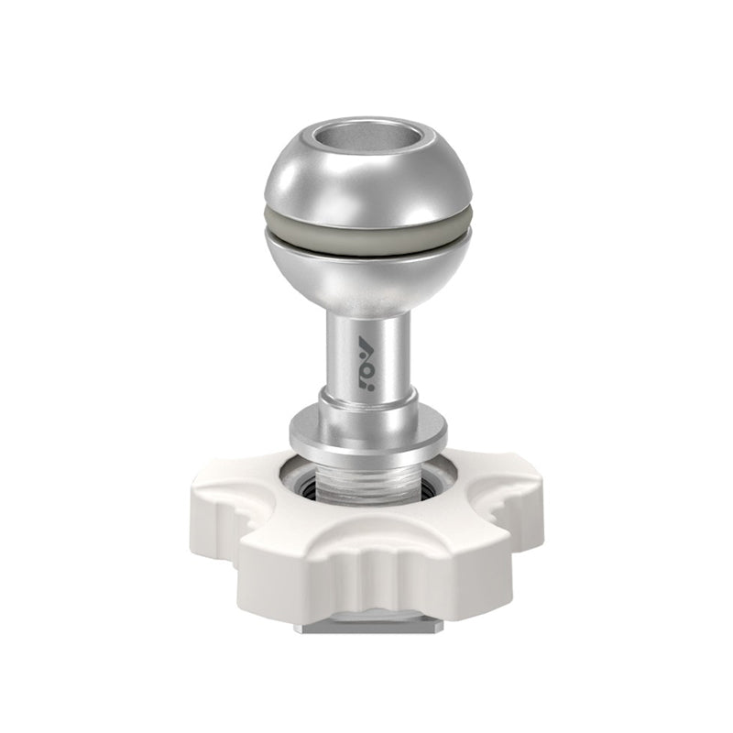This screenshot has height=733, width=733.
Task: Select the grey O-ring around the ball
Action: (x=367, y=241)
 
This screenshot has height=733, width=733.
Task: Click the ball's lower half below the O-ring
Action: (x=367, y=275)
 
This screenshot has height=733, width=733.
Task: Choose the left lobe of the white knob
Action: (x=224, y=513)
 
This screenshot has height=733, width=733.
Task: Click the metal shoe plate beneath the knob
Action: (x=366, y=628)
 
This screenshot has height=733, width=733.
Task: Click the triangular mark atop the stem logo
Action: (x=367, y=342)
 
